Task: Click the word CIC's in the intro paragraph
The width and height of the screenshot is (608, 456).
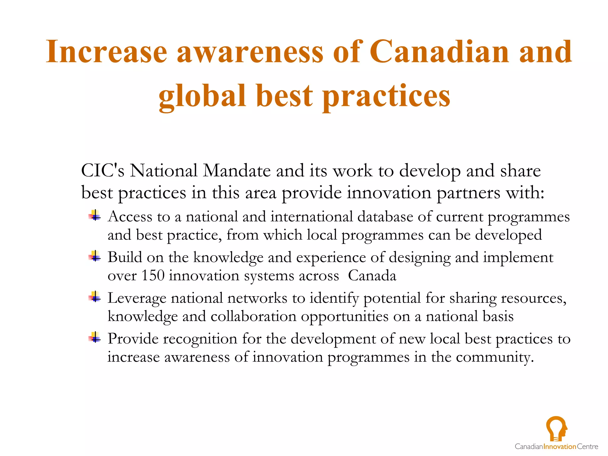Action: (103, 171)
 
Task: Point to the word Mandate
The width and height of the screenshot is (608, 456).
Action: (237, 171)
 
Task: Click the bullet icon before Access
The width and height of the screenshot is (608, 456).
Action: (95, 216)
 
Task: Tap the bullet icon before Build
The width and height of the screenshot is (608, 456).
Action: (95, 256)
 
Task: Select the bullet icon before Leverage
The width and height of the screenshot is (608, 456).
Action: (95, 297)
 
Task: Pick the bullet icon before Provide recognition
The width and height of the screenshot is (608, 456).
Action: (95, 338)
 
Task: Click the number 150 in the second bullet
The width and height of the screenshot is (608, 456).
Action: (153, 275)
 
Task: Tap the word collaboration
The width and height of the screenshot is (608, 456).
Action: (254, 316)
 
